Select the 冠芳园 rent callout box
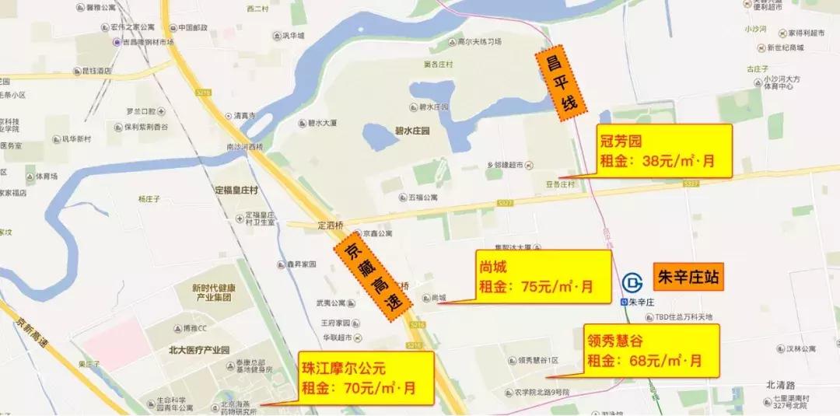click(x=663, y=151)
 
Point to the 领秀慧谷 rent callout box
click(x=651, y=350)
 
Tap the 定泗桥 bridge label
click(x=331, y=225)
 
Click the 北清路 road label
click(x=781, y=384)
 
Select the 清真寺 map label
click(x=245, y=115)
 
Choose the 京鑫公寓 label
click(x=376, y=232)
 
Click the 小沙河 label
click(x=754, y=29)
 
